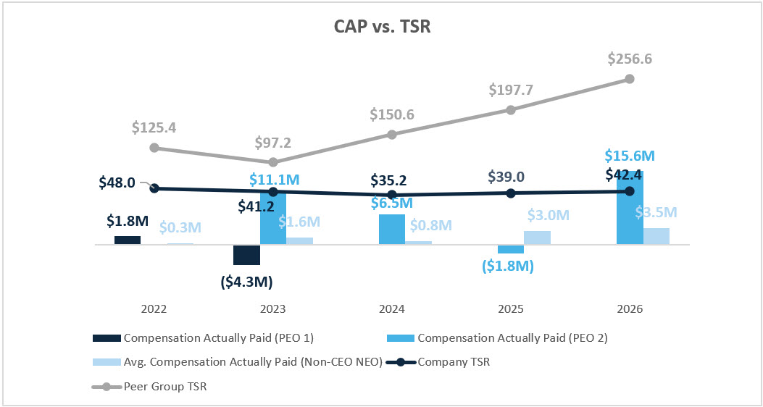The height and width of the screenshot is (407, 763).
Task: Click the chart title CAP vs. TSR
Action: point(381,27)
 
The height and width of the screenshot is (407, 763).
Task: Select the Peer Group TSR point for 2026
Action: point(629,78)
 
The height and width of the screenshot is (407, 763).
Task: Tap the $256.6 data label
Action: point(629,59)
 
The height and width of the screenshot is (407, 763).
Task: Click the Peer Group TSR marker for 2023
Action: point(273,162)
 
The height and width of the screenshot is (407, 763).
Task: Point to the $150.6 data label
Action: point(392,114)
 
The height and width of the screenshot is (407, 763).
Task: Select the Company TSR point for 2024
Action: point(392,195)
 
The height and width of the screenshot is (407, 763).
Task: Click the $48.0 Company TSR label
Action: point(117,182)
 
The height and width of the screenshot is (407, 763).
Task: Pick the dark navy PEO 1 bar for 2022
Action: point(128,240)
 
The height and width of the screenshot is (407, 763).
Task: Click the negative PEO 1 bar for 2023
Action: point(246,255)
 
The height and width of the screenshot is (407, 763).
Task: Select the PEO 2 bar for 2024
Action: point(392,230)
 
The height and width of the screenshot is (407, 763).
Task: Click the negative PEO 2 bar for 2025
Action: point(510,249)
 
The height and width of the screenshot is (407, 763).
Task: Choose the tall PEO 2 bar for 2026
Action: point(629,210)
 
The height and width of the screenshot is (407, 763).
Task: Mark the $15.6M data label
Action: point(629,156)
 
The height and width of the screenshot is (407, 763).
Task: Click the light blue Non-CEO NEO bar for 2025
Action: point(537,238)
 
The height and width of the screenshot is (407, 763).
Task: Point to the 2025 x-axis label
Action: point(510,309)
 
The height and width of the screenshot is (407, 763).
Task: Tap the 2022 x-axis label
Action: point(154,309)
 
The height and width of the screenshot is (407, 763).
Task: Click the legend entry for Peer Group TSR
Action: point(167,387)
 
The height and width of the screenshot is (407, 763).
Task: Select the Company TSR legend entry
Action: point(454,362)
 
